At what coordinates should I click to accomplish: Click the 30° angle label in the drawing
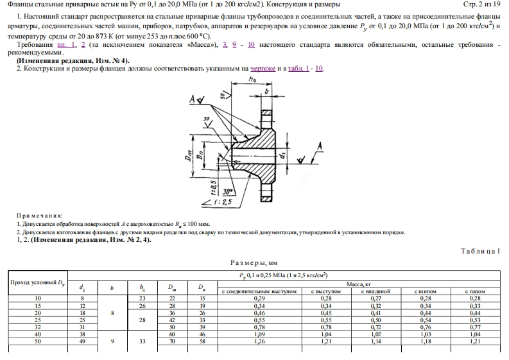226,191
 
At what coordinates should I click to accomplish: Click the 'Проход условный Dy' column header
36,282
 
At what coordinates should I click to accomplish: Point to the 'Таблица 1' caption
479,251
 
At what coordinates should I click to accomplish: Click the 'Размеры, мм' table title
255,262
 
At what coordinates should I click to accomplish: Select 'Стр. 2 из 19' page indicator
481,5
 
